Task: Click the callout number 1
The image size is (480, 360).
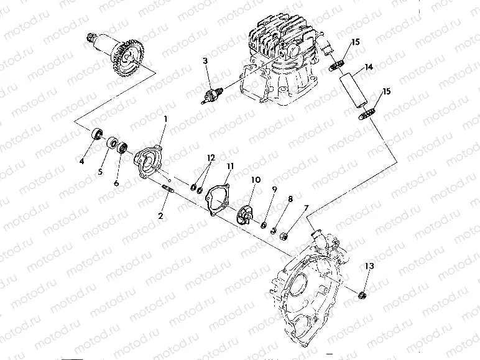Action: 165,118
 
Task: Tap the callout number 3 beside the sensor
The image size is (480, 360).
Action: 205,61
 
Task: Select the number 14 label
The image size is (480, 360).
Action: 369,66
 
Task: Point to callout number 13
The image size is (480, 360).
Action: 369,266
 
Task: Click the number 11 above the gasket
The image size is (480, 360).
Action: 230,166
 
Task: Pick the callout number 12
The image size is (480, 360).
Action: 211,158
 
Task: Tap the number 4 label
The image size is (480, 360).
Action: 81,162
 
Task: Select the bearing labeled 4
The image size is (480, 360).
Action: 96,135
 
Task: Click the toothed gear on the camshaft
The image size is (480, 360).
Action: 133,56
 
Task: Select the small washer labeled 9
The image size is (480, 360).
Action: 264,222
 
